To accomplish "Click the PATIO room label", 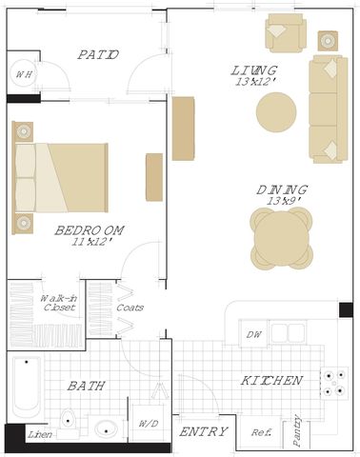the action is click(x=98, y=54).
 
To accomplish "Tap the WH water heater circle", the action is click(x=23, y=74).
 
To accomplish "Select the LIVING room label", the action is click(x=254, y=70).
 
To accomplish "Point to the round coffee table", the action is click(x=276, y=112).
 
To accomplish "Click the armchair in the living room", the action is click(x=286, y=33).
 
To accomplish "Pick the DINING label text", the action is click(x=282, y=189).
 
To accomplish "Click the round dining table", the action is click(x=282, y=238).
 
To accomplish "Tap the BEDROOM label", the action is click(x=90, y=230).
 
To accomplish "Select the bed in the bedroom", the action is click(x=60, y=178).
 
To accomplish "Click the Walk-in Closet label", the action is click(x=59, y=303).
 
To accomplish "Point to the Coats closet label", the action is click(x=130, y=308).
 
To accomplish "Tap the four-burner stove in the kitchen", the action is click(x=334, y=384).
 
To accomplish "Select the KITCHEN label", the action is click(x=271, y=380).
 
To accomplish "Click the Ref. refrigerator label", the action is click(x=262, y=432).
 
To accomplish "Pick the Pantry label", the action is click(x=296, y=430).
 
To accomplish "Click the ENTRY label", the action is click(x=204, y=431).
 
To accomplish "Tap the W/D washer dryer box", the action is click(x=149, y=423).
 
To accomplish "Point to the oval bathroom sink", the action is click(x=106, y=430).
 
